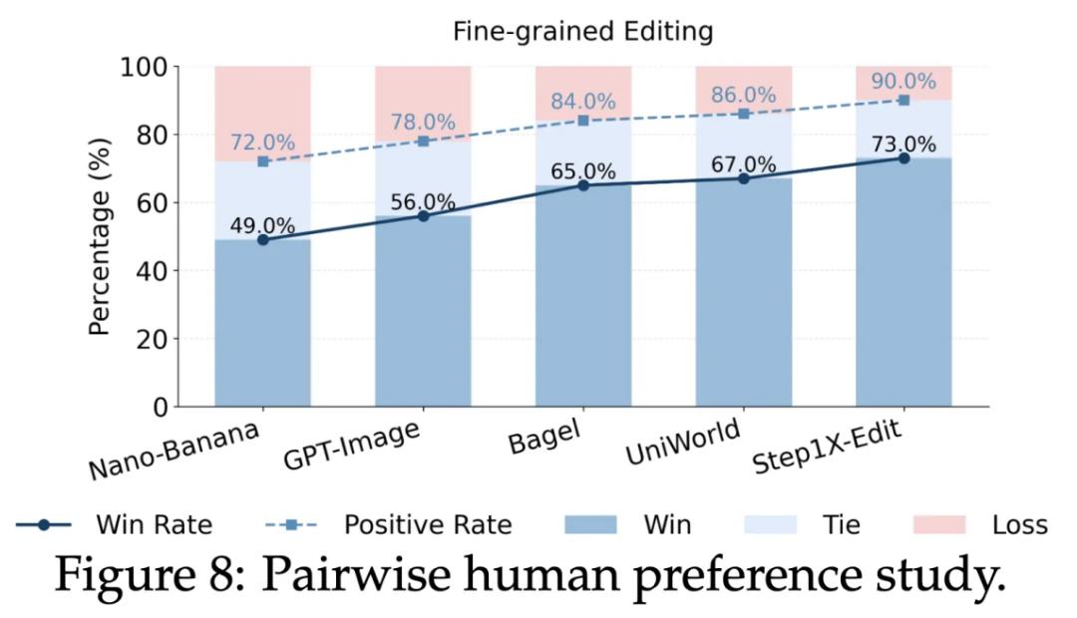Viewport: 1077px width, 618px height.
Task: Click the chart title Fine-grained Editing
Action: tap(583, 32)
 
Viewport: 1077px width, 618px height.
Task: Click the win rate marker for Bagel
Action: tap(583, 185)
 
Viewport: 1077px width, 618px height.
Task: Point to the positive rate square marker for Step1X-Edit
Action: tap(903, 100)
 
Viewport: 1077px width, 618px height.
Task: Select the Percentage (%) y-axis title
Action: tap(101, 235)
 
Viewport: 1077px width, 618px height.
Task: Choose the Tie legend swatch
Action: tap(771, 525)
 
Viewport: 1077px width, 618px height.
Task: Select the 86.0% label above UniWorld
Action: tap(744, 96)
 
